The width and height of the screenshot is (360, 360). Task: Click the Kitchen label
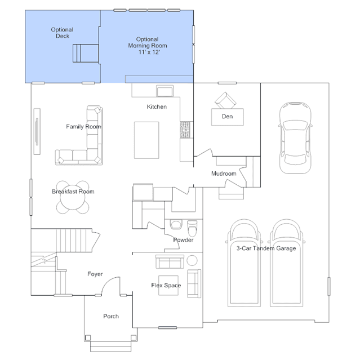157,106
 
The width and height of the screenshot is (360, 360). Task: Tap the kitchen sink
165,91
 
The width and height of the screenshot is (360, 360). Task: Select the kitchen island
146,140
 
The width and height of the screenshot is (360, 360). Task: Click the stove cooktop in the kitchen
185,130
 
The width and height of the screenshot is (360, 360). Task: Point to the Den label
227,117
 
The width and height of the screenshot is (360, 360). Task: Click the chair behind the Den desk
225,100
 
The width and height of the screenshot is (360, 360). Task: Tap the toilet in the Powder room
192,228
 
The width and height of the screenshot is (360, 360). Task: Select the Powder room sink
176,225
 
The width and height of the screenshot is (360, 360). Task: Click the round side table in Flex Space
192,260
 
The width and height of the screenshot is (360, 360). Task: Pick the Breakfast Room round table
73,197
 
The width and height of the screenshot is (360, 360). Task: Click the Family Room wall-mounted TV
37,132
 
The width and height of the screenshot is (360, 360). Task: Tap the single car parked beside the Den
295,138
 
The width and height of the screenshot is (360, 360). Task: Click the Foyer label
95,274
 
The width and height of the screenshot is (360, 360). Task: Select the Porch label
111,317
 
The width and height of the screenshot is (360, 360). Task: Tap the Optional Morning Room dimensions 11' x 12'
149,52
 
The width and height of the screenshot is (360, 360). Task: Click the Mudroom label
224,174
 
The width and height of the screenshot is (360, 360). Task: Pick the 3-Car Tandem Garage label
266,248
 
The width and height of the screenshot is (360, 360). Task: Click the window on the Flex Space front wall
167,328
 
